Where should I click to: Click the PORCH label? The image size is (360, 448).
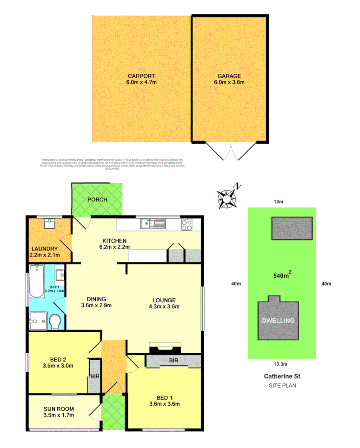[x=97, y=200]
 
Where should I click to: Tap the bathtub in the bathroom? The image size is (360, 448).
[x=35, y=281]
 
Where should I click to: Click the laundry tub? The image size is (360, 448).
[x=50, y=224]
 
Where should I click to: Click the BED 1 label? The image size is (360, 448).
[x=164, y=397]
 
